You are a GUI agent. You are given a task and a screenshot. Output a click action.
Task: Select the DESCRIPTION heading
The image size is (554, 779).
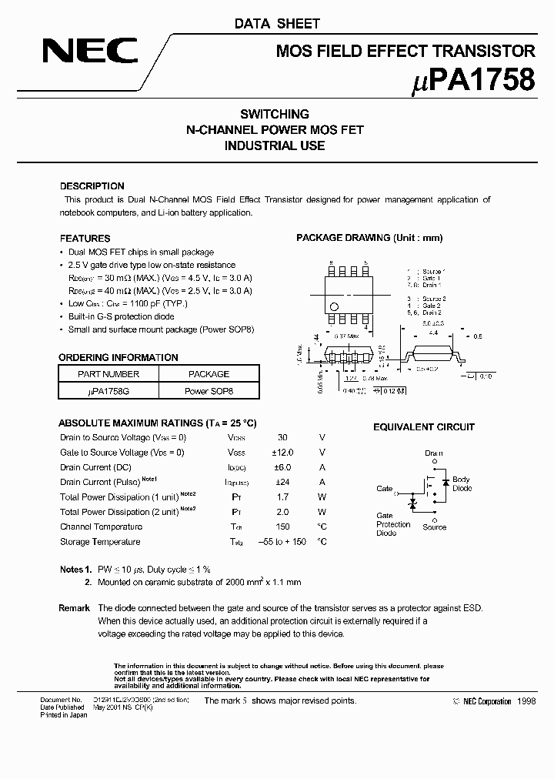tap(92, 186)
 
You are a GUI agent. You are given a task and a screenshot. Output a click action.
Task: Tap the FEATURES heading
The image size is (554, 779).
tap(85, 239)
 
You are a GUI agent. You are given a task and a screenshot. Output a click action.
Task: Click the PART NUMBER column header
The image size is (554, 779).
tap(108, 374)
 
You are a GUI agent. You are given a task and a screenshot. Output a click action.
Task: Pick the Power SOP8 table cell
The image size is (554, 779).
tap(209, 391)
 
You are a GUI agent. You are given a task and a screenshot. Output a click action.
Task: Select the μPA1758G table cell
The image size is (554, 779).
tap(108, 391)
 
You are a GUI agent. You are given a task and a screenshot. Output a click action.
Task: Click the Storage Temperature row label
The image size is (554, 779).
tap(100, 542)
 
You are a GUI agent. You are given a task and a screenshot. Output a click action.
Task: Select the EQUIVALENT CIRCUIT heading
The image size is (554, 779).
tap(424, 427)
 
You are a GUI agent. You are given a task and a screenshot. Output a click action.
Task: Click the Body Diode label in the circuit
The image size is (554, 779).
tap(462, 484)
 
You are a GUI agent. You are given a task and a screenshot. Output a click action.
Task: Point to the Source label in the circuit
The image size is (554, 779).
tap(434, 527)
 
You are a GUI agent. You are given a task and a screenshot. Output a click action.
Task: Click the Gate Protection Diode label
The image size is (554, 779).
tap(392, 524)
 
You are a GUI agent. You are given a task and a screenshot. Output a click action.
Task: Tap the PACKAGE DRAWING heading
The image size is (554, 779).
tap(369, 239)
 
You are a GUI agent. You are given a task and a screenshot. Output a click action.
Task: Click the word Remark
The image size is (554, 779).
tap(75, 608)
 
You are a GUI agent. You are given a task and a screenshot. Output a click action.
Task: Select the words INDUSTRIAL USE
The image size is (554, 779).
tap(275, 145)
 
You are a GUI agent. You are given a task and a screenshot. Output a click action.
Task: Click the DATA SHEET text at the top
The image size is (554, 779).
tap(276, 24)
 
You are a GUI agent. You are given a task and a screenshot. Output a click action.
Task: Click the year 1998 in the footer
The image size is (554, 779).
tap(526, 701)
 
